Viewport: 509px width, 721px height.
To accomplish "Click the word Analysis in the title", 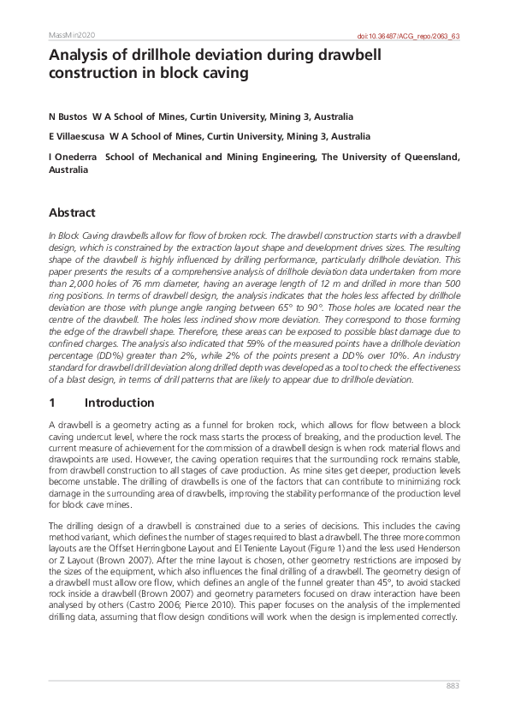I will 79,57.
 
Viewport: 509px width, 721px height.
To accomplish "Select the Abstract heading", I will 72,212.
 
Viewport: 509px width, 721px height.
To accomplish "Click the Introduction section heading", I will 119,402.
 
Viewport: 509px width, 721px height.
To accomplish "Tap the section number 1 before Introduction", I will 52,402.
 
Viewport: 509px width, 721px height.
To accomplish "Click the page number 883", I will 453,687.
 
